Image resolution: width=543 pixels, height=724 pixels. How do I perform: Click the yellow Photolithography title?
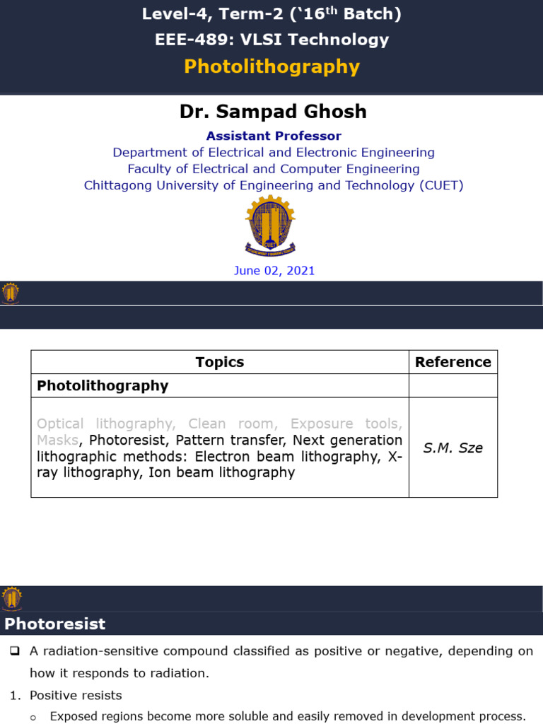pyautogui.click(x=271, y=66)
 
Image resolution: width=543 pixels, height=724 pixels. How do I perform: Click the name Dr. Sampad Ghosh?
pyautogui.click(x=272, y=112)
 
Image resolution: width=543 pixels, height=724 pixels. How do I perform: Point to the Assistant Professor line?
pyautogui.click(x=273, y=136)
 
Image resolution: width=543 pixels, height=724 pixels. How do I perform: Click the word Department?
pyautogui.click(x=146, y=152)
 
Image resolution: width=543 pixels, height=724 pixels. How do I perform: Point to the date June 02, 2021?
pyautogui.click(x=274, y=271)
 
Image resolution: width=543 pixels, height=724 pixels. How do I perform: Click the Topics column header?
pyautogui.click(x=219, y=362)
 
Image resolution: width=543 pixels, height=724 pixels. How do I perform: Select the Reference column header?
pyautogui.click(x=452, y=362)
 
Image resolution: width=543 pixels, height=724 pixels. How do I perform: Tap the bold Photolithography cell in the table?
pyautogui.click(x=103, y=385)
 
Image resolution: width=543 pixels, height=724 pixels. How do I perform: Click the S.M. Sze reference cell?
pyautogui.click(x=452, y=448)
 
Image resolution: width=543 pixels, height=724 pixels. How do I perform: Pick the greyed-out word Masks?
pyautogui.click(x=57, y=440)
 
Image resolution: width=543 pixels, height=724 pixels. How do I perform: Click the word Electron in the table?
pyautogui.click(x=225, y=456)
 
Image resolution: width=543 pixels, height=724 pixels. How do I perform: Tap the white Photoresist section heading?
pyautogui.click(x=55, y=624)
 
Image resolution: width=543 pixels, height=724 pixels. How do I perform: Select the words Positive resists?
pyautogui.click(x=76, y=695)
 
